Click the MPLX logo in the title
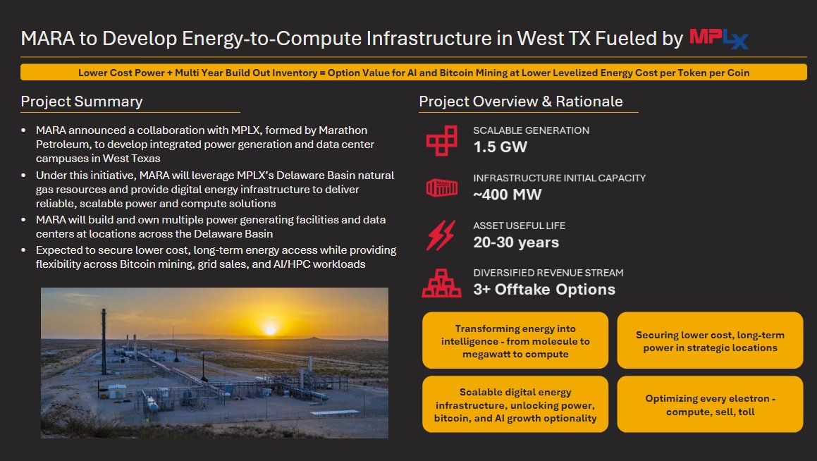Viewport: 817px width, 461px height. click(x=719, y=39)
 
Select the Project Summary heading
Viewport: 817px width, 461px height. click(x=82, y=102)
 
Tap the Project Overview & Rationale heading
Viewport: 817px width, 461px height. click(x=520, y=102)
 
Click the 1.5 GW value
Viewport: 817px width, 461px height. click(x=500, y=147)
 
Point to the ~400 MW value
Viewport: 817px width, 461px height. click(x=508, y=195)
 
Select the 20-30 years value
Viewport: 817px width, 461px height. click(x=516, y=242)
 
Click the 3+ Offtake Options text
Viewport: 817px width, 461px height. click(x=544, y=290)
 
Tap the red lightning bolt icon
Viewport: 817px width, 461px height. click(x=441, y=235)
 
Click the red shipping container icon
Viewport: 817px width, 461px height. click(x=442, y=188)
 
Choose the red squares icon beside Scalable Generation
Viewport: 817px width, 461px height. click(x=442, y=140)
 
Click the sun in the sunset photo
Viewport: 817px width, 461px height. click(x=270, y=329)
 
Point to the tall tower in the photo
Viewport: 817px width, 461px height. click(x=104, y=341)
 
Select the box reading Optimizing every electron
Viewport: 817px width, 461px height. click(x=710, y=405)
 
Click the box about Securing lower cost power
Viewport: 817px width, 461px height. click(x=710, y=340)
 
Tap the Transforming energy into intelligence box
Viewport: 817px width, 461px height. click(x=515, y=340)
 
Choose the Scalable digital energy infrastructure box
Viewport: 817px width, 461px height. click(x=515, y=405)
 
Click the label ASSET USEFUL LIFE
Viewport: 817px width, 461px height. click(x=519, y=226)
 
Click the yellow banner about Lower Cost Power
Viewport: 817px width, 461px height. click(x=414, y=73)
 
